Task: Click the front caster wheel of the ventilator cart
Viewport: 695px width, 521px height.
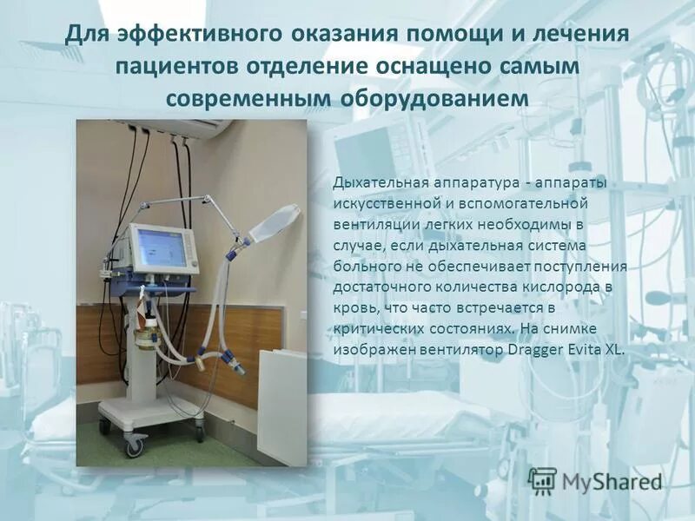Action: coord(135,446)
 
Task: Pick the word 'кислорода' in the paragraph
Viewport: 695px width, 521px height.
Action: coord(563,287)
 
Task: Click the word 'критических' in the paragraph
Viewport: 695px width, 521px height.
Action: coord(376,329)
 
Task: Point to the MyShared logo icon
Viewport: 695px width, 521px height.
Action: coord(543,480)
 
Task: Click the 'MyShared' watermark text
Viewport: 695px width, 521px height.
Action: coord(612,481)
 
